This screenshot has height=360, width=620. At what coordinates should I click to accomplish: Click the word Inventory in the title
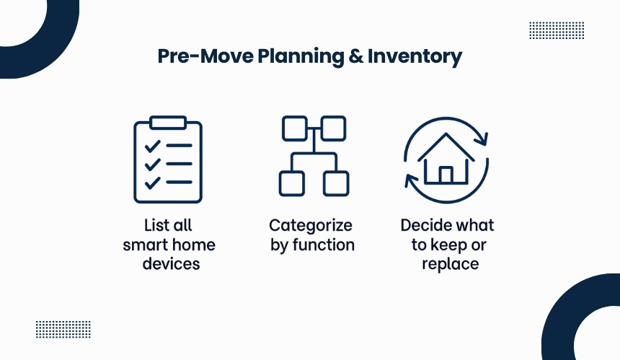(415, 56)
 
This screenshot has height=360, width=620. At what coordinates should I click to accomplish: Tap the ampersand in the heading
(356, 56)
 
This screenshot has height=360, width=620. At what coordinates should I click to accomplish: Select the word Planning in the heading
(301, 57)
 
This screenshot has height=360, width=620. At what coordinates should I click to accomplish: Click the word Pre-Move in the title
(205, 56)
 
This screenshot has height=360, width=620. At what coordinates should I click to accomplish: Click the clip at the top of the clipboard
(168, 123)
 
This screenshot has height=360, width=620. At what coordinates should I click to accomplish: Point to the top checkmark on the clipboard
(153, 146)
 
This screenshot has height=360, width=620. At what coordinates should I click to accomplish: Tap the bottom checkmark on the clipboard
(153, 183)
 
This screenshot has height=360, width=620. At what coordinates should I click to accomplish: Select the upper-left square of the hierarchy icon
(295, 128)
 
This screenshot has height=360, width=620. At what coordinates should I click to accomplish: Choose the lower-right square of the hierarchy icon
(336, 183)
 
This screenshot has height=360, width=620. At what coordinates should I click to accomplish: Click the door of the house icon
(446, 175)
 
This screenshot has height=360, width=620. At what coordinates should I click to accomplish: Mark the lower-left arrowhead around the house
(411, 180)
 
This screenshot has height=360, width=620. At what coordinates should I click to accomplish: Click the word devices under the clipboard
(171, 264)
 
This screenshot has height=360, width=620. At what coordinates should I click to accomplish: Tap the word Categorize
(311, 226)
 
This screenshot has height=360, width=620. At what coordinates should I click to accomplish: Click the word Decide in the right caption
(425, 225)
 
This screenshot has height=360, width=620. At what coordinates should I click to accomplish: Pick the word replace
(451, 264)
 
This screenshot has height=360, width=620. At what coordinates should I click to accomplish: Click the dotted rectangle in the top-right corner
(557, 30)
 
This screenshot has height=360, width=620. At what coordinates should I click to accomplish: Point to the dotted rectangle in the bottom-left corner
(63, 330)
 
